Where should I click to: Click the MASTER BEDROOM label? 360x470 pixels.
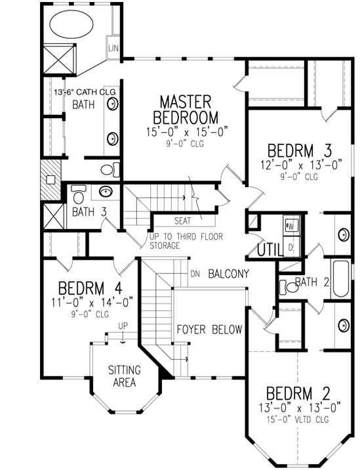pos(186,110)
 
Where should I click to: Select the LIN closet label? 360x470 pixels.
pos(112,49)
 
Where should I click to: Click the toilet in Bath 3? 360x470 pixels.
pos(79,195)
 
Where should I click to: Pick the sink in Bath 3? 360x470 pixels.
pos(106,192)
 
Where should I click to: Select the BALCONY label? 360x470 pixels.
pos(228,274)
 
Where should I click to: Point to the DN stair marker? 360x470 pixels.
pos(195,274)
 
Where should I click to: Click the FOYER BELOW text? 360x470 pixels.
pos(209,330)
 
